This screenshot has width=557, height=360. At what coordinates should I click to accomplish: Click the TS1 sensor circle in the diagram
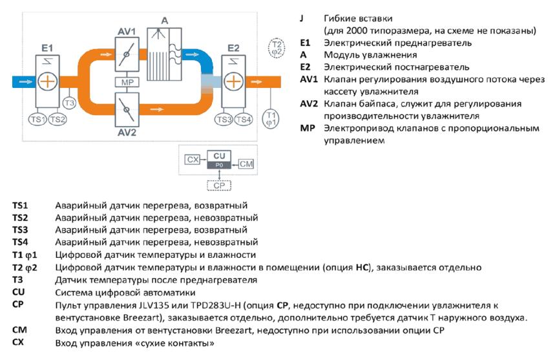(x=37, y=120)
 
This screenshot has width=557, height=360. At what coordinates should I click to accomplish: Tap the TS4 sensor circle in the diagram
(x=244, y=120)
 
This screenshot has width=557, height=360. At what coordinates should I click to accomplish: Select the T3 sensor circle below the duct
(x=69, y=103)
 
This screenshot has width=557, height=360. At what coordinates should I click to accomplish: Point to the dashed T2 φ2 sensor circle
(x=277, y=48)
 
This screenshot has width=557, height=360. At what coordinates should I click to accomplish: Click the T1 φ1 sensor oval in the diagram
(x=271, y=119)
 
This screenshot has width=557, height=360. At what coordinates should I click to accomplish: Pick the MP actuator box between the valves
(x=127, y=83)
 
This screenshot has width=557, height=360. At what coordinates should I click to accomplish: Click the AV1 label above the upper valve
(x=127, y=32)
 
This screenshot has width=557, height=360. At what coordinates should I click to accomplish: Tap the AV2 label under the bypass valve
(x=127, y=132)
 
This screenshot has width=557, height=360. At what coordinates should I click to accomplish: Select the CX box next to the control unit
(x=193, y=160)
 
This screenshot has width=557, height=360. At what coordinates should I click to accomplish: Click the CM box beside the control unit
(x=246, y=164)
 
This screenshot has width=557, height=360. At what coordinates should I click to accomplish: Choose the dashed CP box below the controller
(x=219, y=185)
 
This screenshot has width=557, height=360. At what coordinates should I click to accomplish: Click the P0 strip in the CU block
(x=219, y=165)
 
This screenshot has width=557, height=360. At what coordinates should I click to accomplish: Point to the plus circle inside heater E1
(x=48, y=81)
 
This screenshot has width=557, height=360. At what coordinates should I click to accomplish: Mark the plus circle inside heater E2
(x=233, y=81)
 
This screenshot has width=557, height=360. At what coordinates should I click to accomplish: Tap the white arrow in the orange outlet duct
(x=257, y=81)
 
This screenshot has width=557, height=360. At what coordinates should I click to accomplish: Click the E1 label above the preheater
(x=47, y=48)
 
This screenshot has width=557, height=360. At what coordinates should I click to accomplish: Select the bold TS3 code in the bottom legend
(x=20, y=229)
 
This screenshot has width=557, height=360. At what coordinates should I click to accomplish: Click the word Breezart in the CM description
(x=235, y=330)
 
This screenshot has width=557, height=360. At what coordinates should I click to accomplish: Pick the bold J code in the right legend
(x=302, y=18)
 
